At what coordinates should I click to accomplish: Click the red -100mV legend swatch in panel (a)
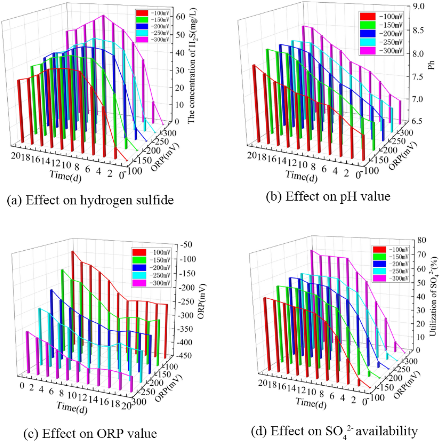(x=142, y=13)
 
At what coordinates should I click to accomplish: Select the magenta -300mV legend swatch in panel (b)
(x=367, y=50)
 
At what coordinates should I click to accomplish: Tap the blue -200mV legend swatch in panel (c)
(x=139, y=268)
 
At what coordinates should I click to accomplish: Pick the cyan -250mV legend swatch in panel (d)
(x=379, y=271)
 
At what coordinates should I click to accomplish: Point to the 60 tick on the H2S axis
(x=180, y=17)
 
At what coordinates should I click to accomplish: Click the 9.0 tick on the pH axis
(x=418, y=6)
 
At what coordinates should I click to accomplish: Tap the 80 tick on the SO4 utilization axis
(x=422, y=240)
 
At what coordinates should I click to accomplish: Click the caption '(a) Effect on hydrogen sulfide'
(x=90, y=200)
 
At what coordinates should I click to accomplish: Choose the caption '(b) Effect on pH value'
(x=328, y=196)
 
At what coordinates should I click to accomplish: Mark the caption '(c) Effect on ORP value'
(x=90, y=433)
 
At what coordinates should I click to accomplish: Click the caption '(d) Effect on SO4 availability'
(x=334, y=431)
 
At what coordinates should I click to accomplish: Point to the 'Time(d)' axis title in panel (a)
(x=65, y=176)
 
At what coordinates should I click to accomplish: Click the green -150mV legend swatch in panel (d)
(x=379, y=257)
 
